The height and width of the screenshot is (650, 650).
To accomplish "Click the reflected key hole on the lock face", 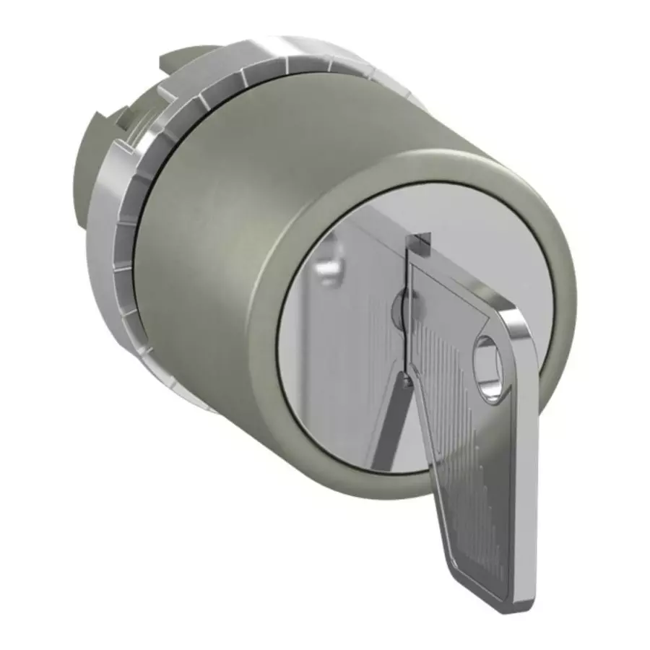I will pyautogui.click(x=329, y=265).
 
